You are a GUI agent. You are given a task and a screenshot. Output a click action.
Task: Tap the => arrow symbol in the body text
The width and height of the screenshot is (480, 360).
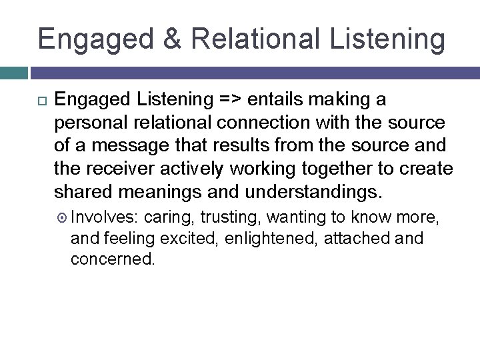click(x=232, y=101)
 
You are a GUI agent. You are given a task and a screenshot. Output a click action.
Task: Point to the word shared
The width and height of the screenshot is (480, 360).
click(x=85, y=192)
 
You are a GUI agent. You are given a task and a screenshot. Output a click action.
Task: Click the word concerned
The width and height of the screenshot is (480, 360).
click(x=112, y=259)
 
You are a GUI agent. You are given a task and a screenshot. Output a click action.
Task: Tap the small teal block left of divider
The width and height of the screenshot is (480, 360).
click(x=13, y=72)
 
